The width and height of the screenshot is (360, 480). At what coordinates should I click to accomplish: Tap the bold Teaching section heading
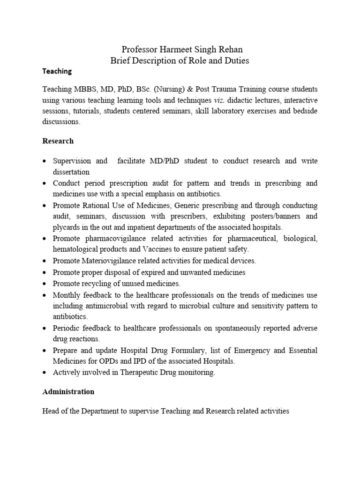pos(57,71)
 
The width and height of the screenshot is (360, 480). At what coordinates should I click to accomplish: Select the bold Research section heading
pos(58,141)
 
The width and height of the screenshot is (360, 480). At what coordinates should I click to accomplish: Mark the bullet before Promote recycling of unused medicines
pos(44,284)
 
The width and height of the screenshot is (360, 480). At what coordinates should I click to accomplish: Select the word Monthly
pos(67,295)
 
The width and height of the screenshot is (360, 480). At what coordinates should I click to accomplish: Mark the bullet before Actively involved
pos(44,373)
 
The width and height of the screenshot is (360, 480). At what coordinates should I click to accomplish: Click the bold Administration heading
pos(68,391)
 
